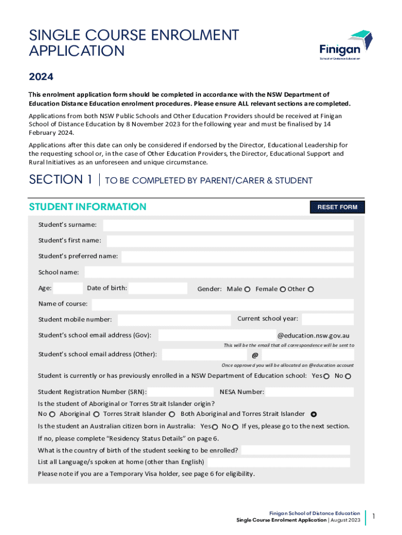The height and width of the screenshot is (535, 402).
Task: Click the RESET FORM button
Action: click(x=337, y=207)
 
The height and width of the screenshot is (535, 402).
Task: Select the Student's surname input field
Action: click(x=228, y=225)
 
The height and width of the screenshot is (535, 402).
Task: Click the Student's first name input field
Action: click(x=230, y=241)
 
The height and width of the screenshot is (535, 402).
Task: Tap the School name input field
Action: click(x=219, y=272)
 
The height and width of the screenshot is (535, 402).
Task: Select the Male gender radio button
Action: click(x=247, y=289)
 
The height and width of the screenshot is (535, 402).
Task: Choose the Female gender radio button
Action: click(x=282, y=289)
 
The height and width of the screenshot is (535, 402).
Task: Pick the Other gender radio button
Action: click(x=311, y=289)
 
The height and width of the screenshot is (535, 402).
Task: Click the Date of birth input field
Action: click(x=158, y=288)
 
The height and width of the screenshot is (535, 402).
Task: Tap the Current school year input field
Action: click(x=327, y=319)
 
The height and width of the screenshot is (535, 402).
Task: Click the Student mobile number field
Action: click(x=174, y=319)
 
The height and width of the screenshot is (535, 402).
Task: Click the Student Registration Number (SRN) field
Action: click(x=181, y=392)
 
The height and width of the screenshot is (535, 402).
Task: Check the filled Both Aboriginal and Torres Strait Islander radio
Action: click(x=314, y=414)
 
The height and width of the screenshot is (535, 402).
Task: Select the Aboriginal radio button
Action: click(x=97, y=414)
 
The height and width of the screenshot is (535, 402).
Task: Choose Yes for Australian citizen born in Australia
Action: click(x=215, y=427)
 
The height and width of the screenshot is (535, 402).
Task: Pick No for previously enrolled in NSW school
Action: click(x=348, y=376)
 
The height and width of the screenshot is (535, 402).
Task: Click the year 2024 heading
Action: click(x=41, y=77)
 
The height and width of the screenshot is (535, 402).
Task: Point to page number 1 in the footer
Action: click(x=374, y=517)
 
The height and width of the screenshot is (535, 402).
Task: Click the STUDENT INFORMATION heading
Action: click(x=87, y=207)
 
